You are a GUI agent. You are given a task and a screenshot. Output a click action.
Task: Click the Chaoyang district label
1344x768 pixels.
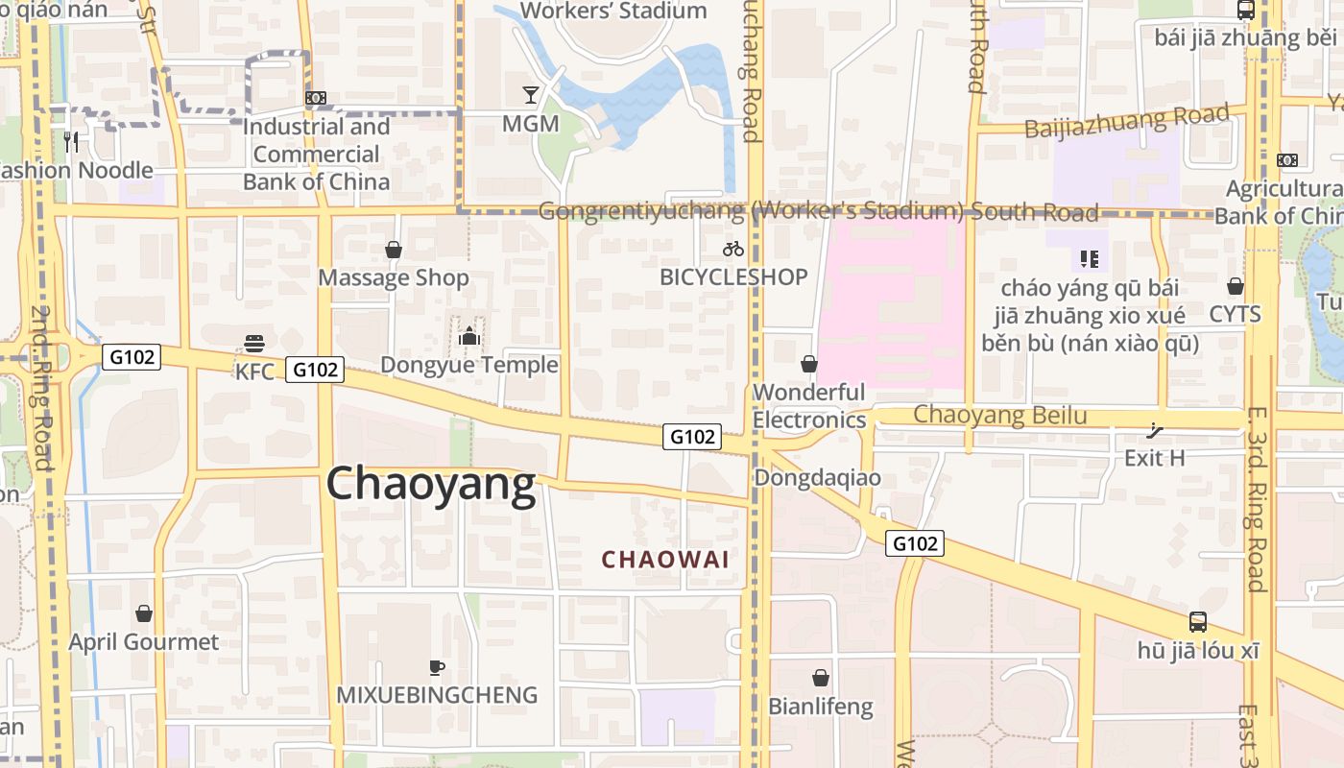click(431, 484)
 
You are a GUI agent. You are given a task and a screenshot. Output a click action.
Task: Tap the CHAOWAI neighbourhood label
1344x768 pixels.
click(665, 559)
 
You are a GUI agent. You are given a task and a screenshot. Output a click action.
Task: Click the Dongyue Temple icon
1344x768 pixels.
click(468, 336)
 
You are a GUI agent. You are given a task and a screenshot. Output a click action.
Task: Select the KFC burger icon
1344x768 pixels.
click(254, 343)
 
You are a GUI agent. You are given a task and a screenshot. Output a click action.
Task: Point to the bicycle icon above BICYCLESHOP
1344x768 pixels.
click(733, 249)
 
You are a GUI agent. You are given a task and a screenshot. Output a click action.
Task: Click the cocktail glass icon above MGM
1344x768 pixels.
click(530, 94)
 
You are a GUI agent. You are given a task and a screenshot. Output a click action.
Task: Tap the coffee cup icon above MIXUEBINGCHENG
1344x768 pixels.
click(437, 666)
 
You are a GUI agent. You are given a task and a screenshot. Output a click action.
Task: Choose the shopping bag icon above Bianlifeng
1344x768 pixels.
click(820, 678)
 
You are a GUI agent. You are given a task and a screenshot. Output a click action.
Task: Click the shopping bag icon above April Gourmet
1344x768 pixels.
click(144, 612)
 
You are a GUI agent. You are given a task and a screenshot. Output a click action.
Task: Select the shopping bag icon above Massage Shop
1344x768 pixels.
click(393, 250)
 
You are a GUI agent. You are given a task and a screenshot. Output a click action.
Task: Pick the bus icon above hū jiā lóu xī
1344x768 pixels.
click(1197, 621)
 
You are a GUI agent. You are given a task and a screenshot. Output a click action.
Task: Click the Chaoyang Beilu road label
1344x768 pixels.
click(999, 415)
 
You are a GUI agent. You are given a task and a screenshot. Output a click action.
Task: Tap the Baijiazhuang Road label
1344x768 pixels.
click(1127, 122)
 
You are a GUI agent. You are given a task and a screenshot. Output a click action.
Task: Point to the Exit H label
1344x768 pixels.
click(1154, 458)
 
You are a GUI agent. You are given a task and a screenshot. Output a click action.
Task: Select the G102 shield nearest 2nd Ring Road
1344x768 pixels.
click(132, 357)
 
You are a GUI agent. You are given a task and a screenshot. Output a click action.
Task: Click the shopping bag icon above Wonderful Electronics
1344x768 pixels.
click(809, 364)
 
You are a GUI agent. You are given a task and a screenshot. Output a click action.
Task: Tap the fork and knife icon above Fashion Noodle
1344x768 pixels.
click(71, 142)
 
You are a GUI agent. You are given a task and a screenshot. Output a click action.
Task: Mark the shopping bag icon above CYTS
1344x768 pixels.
click(1235, 286)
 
